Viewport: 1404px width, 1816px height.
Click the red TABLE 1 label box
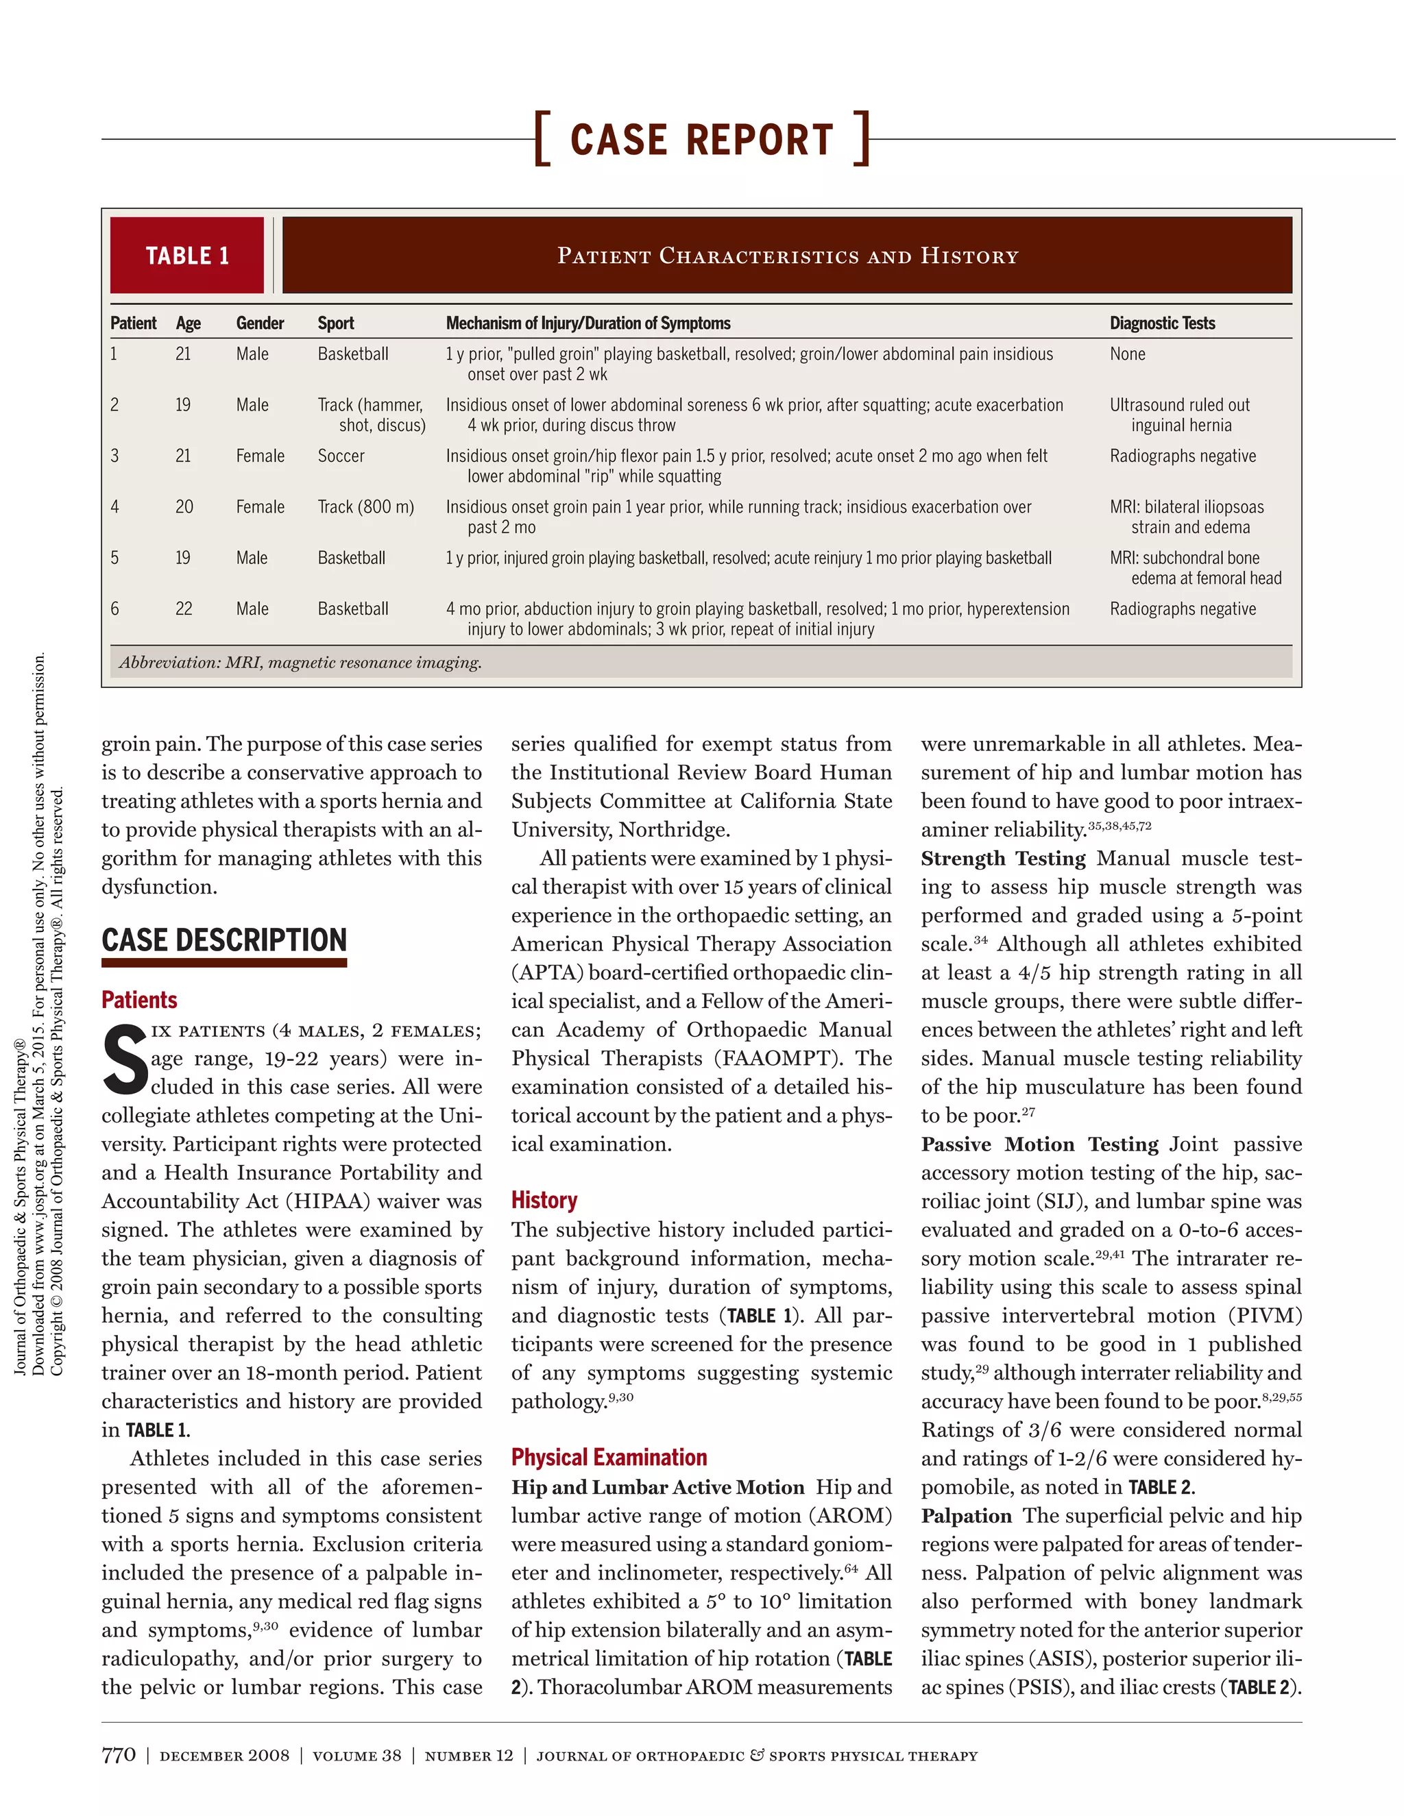pos(187,256)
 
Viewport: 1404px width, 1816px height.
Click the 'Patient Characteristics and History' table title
pos(787,256)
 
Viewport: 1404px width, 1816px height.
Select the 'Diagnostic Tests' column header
pos(1161,323)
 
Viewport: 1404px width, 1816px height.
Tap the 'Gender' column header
pos(260,323)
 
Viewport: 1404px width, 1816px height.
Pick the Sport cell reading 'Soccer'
pos(341,456)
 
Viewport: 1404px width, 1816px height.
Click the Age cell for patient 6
pos(184,609)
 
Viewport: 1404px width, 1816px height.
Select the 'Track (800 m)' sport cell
pos(365,507)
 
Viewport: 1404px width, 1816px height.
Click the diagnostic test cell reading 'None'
pos(1127,354)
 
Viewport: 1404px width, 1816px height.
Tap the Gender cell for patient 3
pos(260,456)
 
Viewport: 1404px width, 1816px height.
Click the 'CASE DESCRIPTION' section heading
pos(223,940)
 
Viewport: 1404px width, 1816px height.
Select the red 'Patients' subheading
pos(139,999)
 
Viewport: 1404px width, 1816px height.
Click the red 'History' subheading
pos(544,1200)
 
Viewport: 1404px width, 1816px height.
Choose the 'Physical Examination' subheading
pos(609,1458)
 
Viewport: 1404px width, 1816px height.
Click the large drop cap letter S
pos(125,1061)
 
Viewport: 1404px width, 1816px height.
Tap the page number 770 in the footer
pos(118,1755)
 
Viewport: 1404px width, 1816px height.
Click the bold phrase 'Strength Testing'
pos(1002,858)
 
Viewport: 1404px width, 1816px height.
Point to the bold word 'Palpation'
pos(966,1516)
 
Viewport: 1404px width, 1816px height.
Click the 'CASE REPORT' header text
pos(701,139)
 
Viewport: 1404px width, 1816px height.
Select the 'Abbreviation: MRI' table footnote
pos(300,663)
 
